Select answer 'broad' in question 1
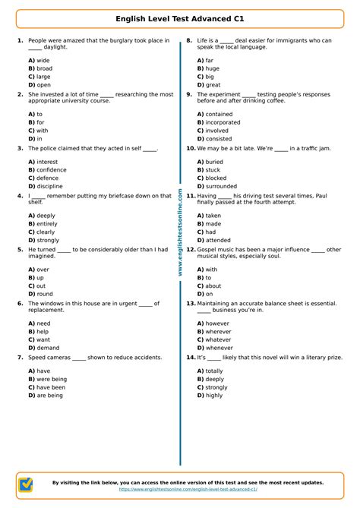[44, 68]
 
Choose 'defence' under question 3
[47, 178]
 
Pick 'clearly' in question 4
[46, 232]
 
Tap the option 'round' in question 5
[45, 294]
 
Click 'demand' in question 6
[48, 348]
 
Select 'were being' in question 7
[52, 379]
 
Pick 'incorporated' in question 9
[223, 122]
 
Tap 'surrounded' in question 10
[221, 186]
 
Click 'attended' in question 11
[218, 241]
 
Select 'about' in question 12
[213, 286]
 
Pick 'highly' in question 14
[214, 395]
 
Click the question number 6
[20, 303]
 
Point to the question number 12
[191, 249]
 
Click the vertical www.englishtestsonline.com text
[180, 232]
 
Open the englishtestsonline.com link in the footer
[188, 490]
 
